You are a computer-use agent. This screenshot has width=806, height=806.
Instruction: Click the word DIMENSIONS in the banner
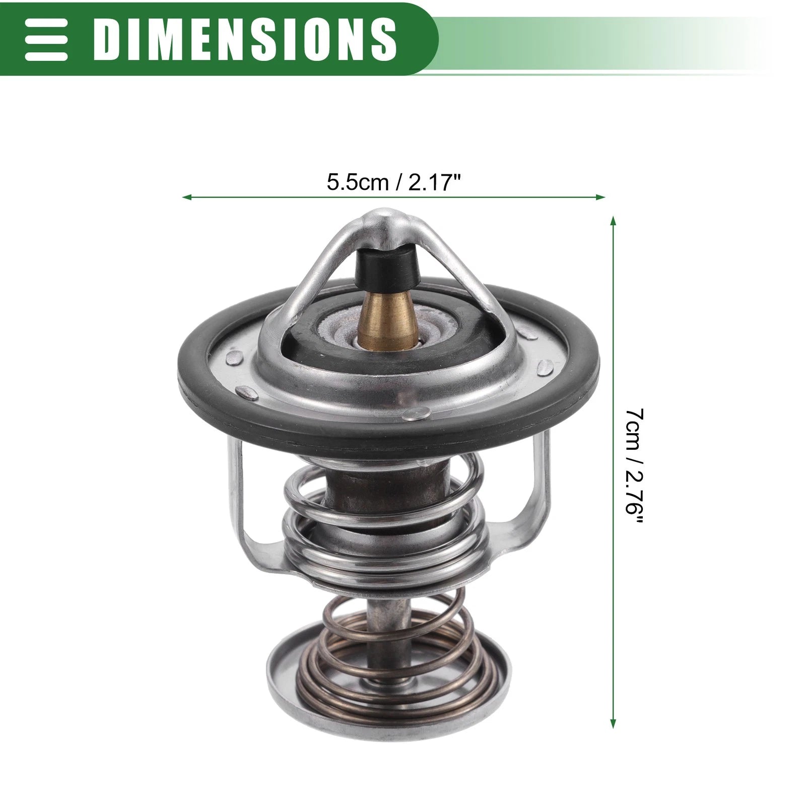pos(245,37)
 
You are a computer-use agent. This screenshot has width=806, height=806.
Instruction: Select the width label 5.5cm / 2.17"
pos(394,182)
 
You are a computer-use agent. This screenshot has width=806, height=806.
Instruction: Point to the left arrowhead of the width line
pos(186,197)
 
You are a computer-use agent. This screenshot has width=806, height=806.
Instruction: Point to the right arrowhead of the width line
pos(600,197)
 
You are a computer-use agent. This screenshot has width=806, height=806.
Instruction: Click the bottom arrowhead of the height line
pos(613,722)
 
